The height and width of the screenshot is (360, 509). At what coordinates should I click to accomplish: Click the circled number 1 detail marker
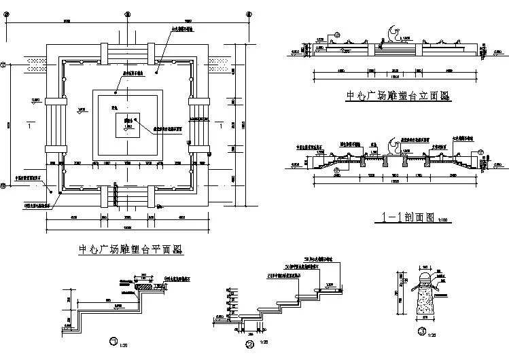[113, 340]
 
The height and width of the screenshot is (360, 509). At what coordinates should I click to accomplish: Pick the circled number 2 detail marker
[249, 344]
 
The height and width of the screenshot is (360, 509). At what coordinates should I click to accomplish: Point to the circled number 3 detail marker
[422, 332]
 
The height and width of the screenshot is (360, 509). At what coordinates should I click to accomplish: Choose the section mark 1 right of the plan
[223, 126]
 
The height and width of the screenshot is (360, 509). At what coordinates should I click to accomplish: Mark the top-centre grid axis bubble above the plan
[127, 14]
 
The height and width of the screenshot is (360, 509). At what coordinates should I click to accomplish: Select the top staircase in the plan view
[127, 54]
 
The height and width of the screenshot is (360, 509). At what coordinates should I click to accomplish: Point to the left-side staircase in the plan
[55, 126]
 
